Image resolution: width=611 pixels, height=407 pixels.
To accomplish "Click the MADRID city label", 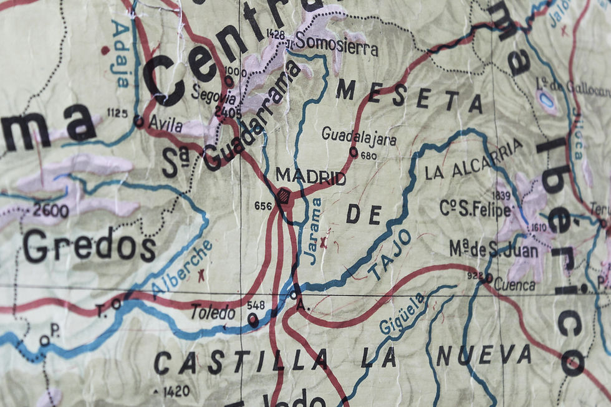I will (310, 177).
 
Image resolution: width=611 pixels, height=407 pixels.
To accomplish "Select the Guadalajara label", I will (358, 135).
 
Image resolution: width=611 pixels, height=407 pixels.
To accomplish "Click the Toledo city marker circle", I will (253, 320).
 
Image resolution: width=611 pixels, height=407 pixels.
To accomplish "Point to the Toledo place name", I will (213, 313).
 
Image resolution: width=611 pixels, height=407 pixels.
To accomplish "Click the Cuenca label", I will (514, 285).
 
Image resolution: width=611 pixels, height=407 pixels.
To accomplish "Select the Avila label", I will (166, 125).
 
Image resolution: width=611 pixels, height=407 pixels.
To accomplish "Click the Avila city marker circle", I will (138, 120).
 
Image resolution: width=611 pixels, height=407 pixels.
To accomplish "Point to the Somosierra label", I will (336, 45).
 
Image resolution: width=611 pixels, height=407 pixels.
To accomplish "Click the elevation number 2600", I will (51, 211).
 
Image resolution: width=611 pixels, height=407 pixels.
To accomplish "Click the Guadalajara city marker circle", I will (354, 151).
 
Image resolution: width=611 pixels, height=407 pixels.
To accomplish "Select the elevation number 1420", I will (175, 391).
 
